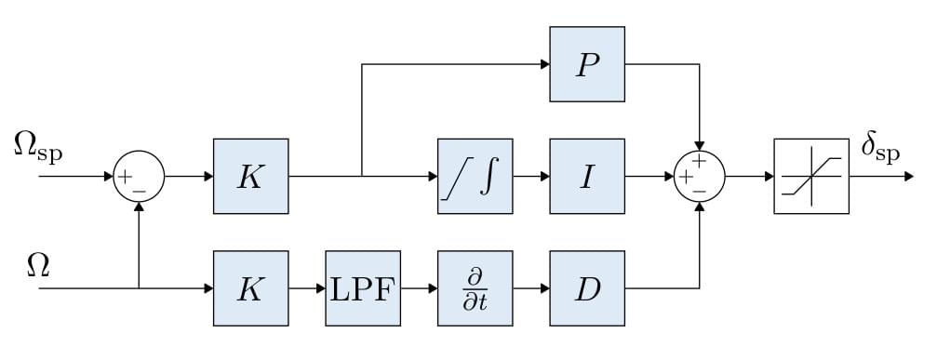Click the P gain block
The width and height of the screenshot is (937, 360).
coord(586,64)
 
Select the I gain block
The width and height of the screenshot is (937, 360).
coord(586,176)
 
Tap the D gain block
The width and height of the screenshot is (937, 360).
coord(586,287)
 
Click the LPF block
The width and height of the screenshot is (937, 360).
coord(363,287)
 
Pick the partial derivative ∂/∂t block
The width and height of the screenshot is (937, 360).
coord(475,287)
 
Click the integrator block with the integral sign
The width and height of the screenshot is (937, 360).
coord(475,176)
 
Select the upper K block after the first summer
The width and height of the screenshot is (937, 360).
coord(250,176)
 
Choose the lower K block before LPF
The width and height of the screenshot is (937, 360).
coord(250,287)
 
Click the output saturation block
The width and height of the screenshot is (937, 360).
coord(810,176)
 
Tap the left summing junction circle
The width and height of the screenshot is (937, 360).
coord(139,176)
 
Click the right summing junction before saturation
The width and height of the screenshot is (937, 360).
coord(699,176)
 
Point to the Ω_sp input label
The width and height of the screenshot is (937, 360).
coord(38,146)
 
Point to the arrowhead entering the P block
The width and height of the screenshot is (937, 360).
coord(543,64)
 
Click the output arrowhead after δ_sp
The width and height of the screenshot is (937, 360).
coord(908,176)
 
